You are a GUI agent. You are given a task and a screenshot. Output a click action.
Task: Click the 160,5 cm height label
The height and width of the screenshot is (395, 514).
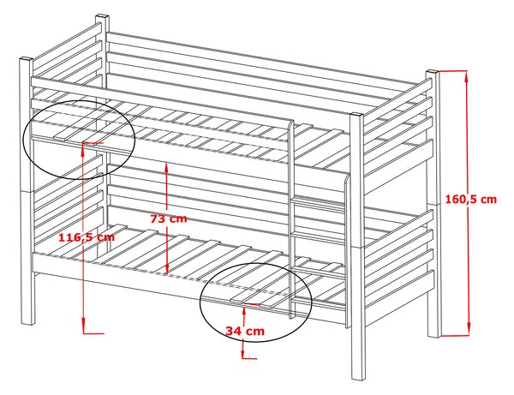470,199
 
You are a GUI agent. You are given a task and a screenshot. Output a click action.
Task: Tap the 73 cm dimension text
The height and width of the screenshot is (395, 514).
169,218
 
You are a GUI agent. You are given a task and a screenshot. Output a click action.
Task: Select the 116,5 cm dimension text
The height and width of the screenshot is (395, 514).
87,237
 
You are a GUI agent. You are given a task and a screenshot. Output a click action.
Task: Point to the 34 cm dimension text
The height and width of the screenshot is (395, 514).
245,331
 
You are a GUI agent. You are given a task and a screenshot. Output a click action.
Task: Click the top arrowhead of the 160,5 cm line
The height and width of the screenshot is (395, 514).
468,77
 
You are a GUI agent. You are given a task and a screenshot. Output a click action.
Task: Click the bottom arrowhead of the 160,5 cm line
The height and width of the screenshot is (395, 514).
469,329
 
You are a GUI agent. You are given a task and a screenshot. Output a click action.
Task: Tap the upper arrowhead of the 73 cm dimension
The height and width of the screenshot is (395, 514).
166,168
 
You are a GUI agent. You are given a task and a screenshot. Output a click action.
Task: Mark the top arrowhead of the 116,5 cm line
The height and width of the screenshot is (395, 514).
83,149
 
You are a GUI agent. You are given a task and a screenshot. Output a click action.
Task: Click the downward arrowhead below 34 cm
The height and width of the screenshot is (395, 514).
243,353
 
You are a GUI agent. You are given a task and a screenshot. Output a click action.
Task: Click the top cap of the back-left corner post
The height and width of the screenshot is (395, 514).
102,17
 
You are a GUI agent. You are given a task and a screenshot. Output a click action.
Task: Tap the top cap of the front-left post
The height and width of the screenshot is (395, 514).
27,60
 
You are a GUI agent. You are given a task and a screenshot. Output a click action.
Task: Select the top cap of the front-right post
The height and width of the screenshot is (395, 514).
356,115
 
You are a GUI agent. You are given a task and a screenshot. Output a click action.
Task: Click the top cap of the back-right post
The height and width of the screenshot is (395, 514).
433,72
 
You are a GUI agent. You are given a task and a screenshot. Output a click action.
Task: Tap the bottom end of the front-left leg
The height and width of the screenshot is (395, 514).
28,323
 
